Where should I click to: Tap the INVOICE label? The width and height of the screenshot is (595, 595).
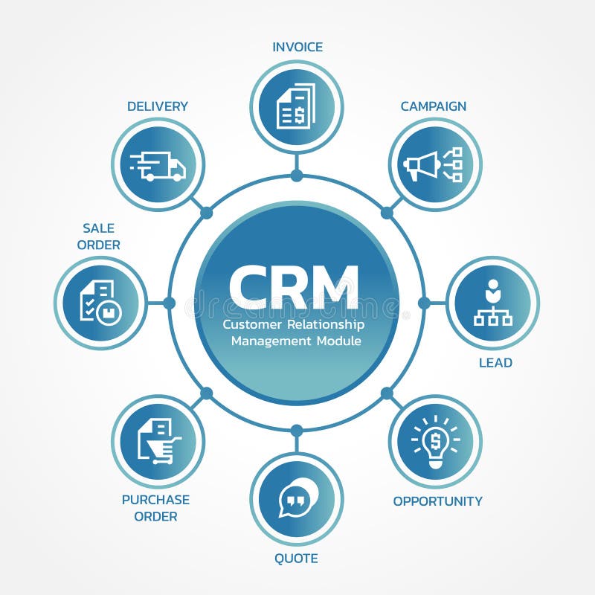point(297,47)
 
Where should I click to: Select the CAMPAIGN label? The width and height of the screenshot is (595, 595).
point(434,106)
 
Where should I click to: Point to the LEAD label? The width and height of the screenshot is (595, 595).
point(495,363)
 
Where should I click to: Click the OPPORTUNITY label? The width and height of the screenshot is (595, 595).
point(437,501)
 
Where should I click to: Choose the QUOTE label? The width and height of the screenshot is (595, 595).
point(295,558)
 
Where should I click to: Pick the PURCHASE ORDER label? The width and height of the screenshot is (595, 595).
point(155,508)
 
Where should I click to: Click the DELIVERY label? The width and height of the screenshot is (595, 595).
point(158,106)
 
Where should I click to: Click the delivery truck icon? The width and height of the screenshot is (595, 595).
point(158,165)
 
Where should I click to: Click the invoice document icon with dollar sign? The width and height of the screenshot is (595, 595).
point(296,106)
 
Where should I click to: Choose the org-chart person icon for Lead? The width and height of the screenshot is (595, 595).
point(492,303)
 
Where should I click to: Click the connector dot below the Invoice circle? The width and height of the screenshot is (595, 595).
point(297,176)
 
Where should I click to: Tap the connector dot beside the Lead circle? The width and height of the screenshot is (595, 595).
point(424,303)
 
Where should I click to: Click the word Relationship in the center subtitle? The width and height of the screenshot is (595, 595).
point(329,325)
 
